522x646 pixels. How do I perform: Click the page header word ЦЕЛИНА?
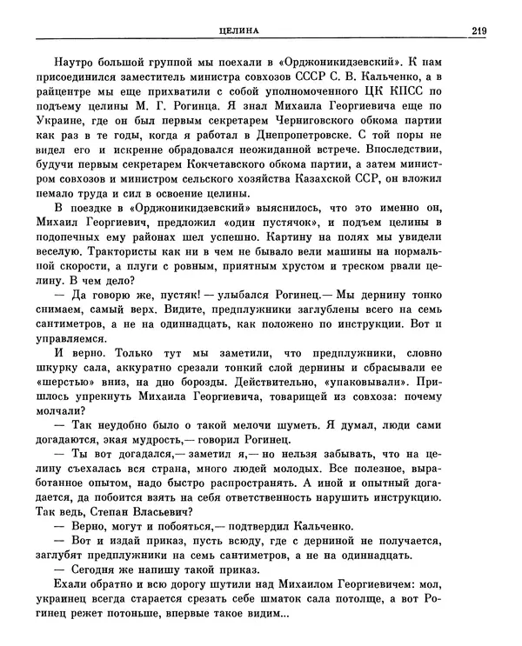(245, 32)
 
